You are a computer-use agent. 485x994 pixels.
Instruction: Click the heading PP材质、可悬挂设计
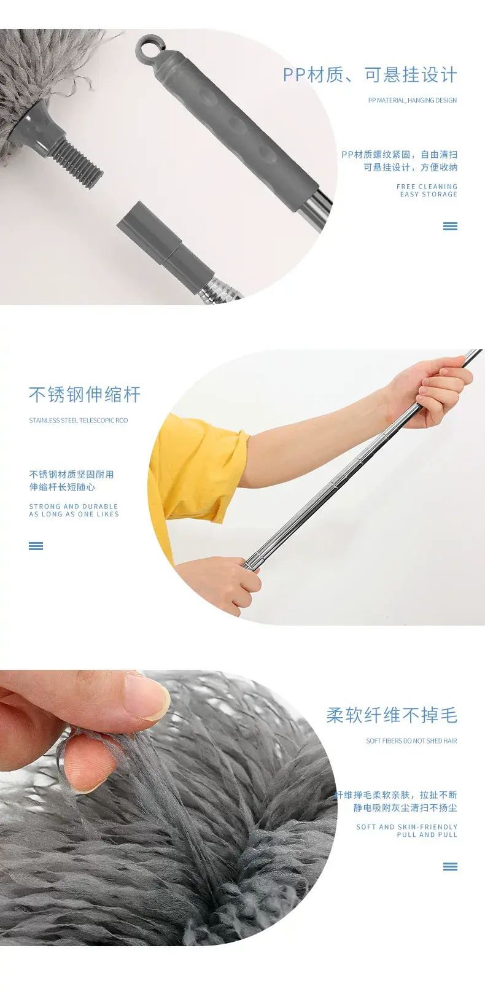point(370,74)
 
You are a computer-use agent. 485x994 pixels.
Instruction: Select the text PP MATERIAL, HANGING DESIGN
point(412,100)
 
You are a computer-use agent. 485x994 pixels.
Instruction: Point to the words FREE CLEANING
point(427,187)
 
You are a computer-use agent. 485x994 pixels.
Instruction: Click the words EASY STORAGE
point(429,195)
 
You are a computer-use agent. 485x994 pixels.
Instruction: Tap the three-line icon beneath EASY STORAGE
point(450,227)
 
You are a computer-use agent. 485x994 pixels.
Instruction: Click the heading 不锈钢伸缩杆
point(85,394)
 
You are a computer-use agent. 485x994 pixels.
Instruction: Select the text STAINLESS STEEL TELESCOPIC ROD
point(78,420)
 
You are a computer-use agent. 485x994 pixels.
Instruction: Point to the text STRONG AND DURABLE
point(74,507)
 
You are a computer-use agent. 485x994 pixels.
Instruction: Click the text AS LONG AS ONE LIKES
point(74,514)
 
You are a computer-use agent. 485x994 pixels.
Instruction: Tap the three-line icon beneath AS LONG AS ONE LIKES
point(36,546)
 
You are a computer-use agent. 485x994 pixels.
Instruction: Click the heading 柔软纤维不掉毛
point(392,715)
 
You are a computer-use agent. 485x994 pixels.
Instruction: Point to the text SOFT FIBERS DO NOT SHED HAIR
point(411,740)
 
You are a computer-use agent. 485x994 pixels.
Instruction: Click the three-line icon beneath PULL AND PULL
point(450,866)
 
